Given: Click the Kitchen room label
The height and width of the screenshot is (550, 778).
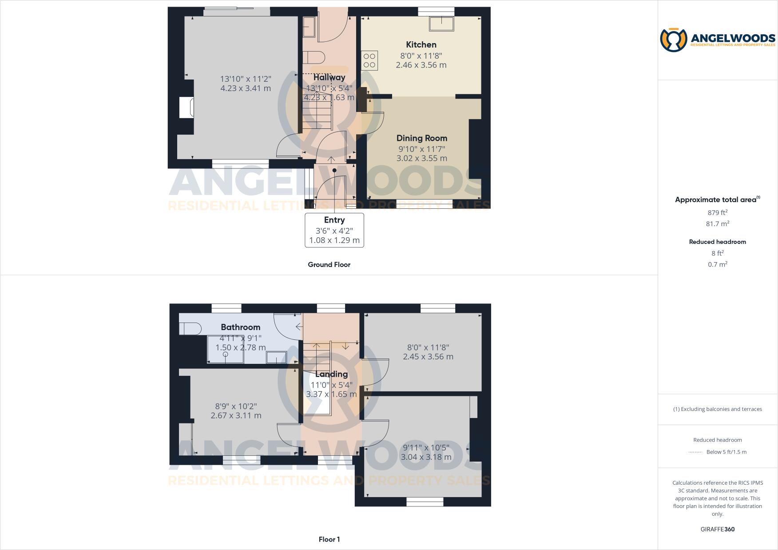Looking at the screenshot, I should click(x=421, y=44).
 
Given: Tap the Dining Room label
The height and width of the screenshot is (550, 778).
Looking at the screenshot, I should click(x=421, y=138).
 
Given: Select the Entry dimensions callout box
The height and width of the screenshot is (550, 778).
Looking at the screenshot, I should click(x=334, y=230).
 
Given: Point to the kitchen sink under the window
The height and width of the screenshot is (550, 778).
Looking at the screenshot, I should click(x=441, y=24).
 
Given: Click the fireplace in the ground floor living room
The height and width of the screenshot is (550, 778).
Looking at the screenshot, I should click(x=187, y=108).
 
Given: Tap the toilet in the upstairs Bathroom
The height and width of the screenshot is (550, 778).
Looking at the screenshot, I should click(x=190, y=329).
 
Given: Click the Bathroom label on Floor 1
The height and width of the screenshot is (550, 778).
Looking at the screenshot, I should click(x=240, y=327).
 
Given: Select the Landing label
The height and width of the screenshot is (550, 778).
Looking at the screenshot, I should click(x=331, y=374).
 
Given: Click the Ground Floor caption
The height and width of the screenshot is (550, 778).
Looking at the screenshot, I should click(x=329, y=264).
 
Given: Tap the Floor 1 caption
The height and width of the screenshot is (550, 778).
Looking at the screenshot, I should click(x=329, y=539).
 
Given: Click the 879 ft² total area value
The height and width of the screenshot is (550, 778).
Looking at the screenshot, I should click(x=717, y=213).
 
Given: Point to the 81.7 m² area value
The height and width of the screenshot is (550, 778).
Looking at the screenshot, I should click(x=717, y=224).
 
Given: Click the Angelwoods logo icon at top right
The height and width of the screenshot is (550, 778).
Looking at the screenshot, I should click(x=673, y=40).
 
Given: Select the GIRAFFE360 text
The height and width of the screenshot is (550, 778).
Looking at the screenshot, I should click(x=717, y=529).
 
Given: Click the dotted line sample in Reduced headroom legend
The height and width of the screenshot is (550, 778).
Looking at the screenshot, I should click(x=695, y=452).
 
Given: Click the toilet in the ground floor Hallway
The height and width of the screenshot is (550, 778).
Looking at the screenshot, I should click(x=314, y=58).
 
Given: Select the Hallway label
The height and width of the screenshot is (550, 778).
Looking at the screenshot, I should click(x=329, y=77).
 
